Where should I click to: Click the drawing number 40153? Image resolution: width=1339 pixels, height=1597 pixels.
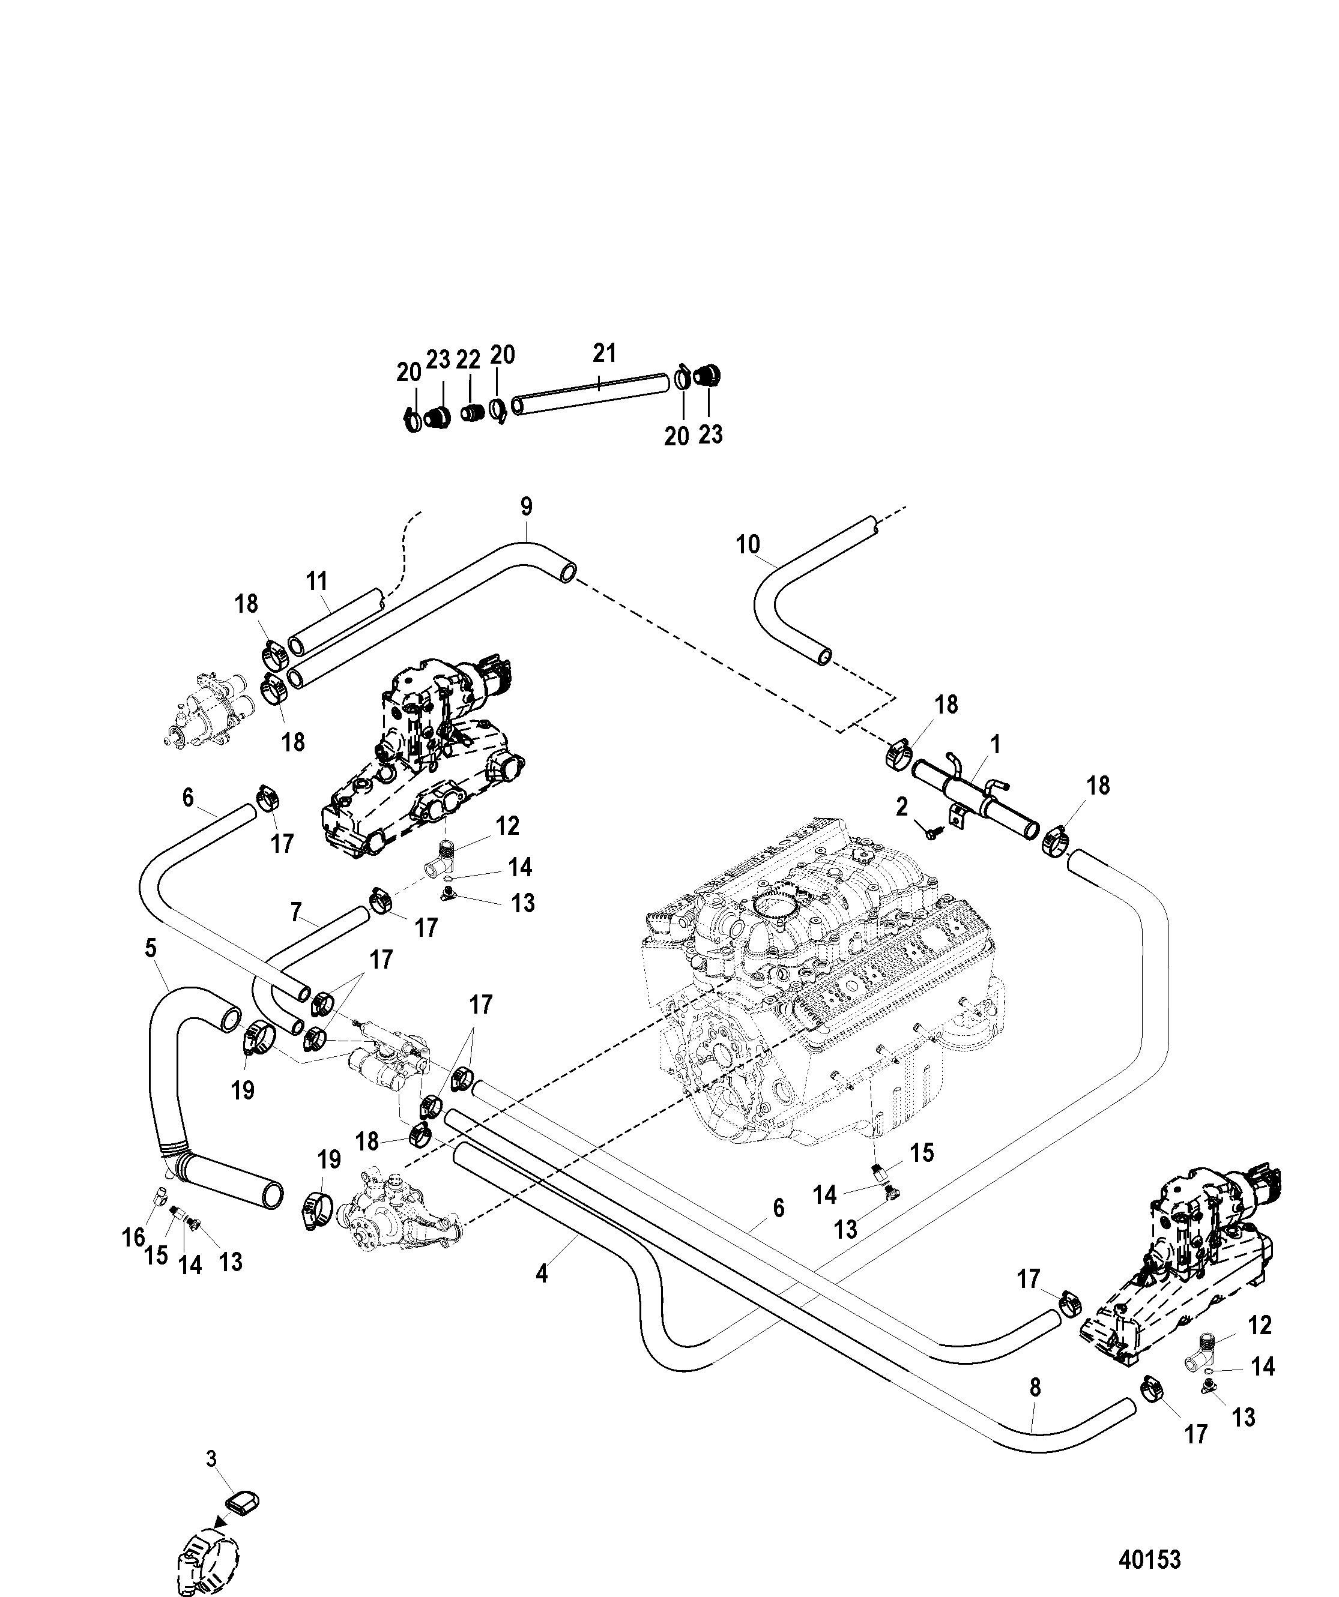1150,1560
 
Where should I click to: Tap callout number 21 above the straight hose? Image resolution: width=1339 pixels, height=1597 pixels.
604,353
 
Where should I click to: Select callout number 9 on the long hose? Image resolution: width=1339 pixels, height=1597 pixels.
527,507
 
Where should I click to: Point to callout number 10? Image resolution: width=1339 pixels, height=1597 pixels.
748,544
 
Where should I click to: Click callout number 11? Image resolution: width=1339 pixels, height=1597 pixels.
317,581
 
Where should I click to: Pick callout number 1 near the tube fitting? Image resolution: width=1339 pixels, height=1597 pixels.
994,745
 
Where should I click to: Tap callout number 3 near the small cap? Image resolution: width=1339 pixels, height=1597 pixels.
211,1458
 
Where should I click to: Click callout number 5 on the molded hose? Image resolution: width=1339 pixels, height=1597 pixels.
151,948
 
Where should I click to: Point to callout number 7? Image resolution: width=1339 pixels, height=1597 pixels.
296,911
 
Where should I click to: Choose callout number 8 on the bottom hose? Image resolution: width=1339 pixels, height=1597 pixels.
1035,1388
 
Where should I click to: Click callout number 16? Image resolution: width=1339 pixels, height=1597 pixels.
133,1238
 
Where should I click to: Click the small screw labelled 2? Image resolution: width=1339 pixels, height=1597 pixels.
931,834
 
